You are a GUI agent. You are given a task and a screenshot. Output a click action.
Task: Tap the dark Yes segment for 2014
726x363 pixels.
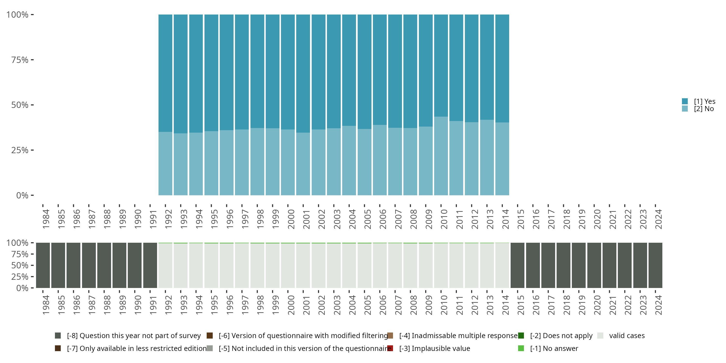(502, 68)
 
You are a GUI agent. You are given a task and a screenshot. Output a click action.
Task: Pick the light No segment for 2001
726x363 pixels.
(303, 164)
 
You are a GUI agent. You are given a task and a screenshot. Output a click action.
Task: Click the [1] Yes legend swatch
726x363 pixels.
(685, 101)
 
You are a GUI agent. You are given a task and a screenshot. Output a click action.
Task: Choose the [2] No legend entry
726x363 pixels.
(704, 109)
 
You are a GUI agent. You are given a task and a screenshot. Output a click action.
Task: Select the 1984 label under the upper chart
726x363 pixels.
(46, 219)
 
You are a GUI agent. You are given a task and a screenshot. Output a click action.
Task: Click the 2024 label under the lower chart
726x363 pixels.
(658, 305)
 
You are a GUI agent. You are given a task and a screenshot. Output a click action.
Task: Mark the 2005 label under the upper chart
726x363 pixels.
(368, 219)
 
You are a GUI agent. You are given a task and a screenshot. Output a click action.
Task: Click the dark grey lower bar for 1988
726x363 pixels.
(104, 265)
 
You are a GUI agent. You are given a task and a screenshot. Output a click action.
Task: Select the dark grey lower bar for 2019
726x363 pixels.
(579, 265)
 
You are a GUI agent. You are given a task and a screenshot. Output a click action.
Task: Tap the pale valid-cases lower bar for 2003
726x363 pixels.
(334, 265)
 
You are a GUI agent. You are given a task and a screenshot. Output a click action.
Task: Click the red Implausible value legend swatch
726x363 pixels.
(390, 348)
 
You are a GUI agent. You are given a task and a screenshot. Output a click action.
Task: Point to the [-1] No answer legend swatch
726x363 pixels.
(521, 348)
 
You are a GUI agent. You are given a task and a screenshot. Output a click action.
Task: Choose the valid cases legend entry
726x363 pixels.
(627, 336)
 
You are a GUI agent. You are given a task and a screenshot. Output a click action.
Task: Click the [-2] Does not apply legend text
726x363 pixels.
(561, 336)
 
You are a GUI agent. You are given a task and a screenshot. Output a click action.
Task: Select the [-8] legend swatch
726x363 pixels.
(58, 336)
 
